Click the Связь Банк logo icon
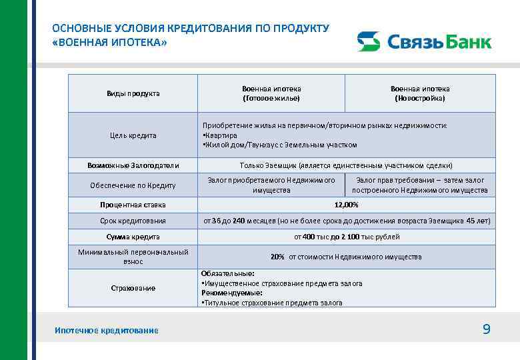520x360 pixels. click(x=368, y=41)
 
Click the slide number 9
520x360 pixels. click(x=486, y=329)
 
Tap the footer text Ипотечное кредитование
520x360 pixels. click(x=107, y=331)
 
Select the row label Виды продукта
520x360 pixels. click(x=133, y=93)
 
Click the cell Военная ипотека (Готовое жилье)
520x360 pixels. click(x=271, y=93)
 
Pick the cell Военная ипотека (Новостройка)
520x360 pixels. click(x=420, y=93)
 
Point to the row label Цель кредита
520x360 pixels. click(x=133, y=135)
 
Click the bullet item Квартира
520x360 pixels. click(x=220, y=135)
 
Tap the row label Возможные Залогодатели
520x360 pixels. click(x=133, y=165)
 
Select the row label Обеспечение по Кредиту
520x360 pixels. click(x=133, y=185)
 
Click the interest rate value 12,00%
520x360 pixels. click(x=346, y=205)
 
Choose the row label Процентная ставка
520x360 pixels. click(x=133, y=205)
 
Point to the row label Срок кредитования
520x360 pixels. click(x=133, y=221)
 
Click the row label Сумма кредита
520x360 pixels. click(x=133, y=237)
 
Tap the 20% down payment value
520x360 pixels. click(x=277, y=257)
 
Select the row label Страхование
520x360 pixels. click(x=133, y=288)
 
